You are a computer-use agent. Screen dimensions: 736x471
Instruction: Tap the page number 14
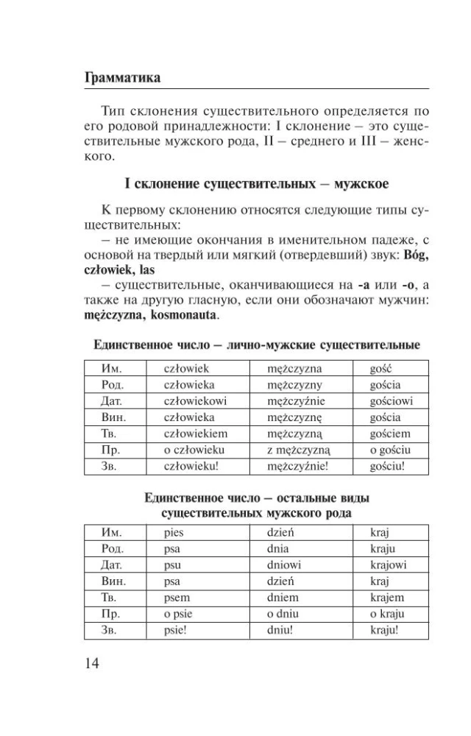[x=92, y=663]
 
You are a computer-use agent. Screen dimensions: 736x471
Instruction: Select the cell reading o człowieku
[x=194, y=450]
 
